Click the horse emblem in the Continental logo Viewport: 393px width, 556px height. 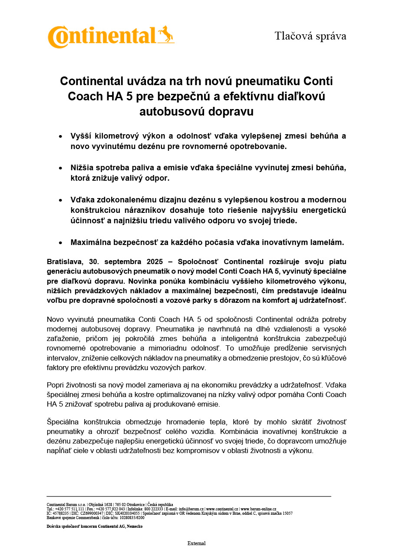tap(165, 34)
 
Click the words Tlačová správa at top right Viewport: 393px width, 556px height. tap(310, 36)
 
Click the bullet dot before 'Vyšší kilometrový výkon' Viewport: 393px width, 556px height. tap(61, 136)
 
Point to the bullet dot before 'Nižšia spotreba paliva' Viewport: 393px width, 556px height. tap(61, 168)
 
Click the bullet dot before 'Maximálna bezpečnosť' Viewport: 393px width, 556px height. tap(61, 243)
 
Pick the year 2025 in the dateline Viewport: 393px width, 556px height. tap(154, 261)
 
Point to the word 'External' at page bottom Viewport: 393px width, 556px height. tap(196, 543)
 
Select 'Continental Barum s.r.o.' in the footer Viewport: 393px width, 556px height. tap(65, 505)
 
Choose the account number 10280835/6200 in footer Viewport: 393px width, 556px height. tap(132, 517)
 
